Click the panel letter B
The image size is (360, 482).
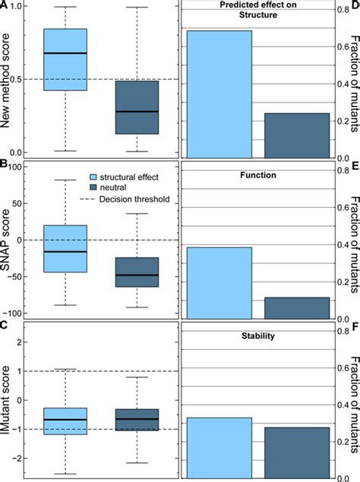coord(5,164)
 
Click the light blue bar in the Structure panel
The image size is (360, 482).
coord(220,94)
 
